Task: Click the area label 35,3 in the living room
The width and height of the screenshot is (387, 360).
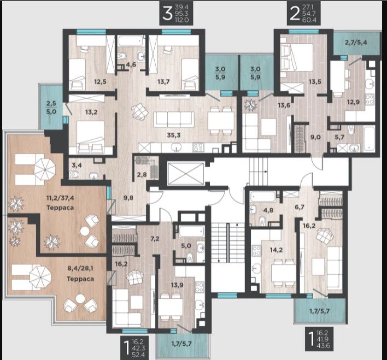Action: click(174, 135)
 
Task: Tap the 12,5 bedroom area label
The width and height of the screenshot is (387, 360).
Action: click(100, 81)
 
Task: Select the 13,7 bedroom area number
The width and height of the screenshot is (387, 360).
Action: click(163, 81)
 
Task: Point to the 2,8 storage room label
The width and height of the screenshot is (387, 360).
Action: click(142, 174)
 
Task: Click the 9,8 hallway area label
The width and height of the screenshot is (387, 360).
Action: click(128, 198)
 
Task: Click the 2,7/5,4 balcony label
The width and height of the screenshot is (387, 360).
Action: click(356, 42)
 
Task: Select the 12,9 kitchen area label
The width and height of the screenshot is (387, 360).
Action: click(353, 102)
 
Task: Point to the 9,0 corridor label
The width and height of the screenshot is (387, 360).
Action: click(315, 137)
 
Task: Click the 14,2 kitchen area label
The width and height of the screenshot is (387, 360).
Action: click(276, 250)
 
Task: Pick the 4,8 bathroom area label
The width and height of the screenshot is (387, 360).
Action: click(268, 210)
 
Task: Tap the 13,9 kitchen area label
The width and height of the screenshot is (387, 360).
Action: click(177, 285)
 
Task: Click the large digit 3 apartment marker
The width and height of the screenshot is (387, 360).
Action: click(167, 14)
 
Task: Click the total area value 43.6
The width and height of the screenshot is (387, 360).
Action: click(325, 345)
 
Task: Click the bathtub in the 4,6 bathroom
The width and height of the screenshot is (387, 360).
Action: click(130, 41)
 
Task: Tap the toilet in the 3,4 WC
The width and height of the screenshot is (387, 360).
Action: click(74, 175)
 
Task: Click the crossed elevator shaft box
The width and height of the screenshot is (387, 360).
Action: click(186, 173)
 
